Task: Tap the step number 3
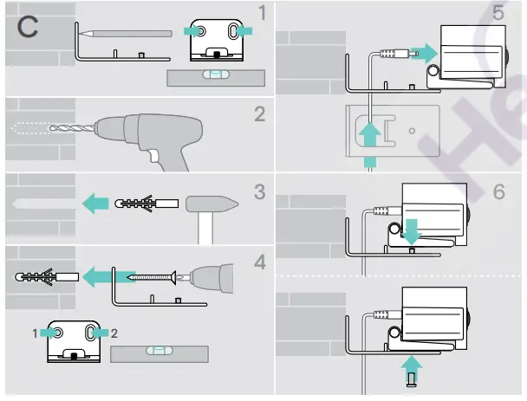pyautogui.click(x=259, y=191)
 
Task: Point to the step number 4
pyautogui.click(x=259, y=261)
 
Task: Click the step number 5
pyautogui.click(x=498, y=15)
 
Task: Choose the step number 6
pyautogui.click(x=498, y=191)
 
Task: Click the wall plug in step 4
pyautogui.click(x=39, y=277)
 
